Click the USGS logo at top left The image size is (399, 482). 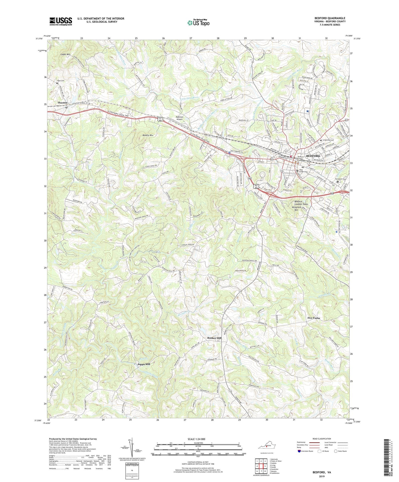pos(60,21)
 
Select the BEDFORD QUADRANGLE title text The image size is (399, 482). pos(330,18)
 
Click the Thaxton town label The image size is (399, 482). pos(62,103)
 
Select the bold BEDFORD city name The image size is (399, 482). pos(313,156)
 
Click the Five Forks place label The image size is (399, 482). pos(314,318)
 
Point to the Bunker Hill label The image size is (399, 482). pos(214,338)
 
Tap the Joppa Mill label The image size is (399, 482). pos(144,364)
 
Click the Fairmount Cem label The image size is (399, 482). pos(340,179)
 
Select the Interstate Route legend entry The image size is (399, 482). pos(307,451)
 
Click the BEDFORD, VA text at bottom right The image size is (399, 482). pos(322,472)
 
